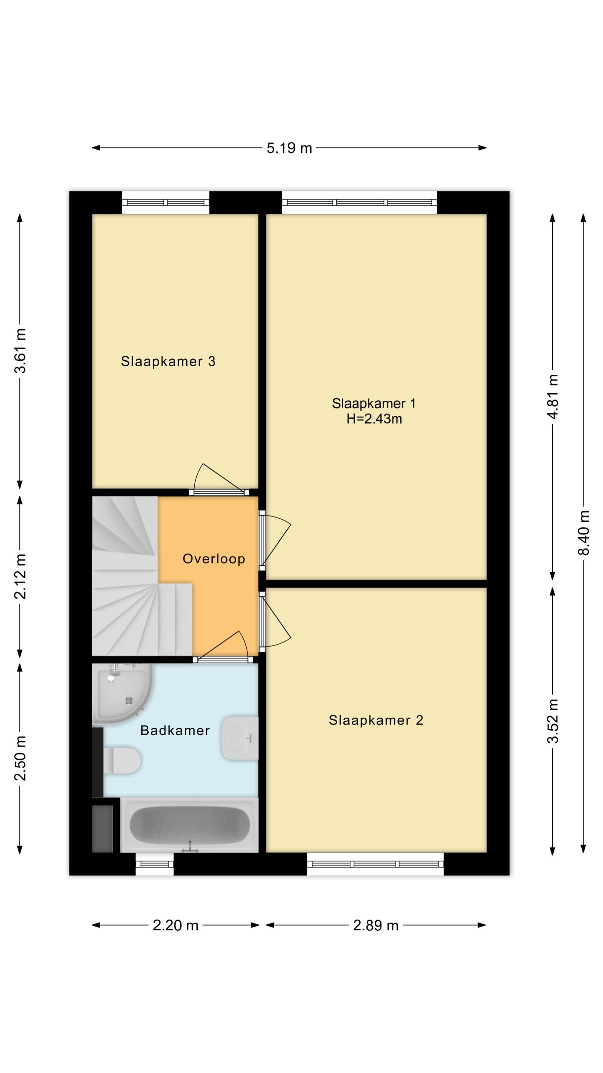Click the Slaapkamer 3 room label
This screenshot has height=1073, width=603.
(x=168, y=361)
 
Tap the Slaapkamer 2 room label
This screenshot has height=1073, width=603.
(x=376, y=720)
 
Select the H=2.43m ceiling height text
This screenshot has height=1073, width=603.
(x=374, y=419)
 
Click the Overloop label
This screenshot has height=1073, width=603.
(x=214, y=559)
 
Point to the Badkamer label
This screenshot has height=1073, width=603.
(x=175, y=731)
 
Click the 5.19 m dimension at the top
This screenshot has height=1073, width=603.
(x=289, y=148)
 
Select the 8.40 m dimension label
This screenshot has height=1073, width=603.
(x=583, y=533)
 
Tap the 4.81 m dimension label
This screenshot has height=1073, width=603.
(x=553, y=396)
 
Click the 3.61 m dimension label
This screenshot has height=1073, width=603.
(x=20, y=351)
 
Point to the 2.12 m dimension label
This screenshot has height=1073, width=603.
(x=20, y=576)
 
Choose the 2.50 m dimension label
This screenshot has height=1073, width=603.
(x=20, y=758)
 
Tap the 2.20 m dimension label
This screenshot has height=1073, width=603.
(x=175, y=925)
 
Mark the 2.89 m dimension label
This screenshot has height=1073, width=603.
(x=376, y=925)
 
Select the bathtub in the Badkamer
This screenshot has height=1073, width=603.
(x=189, y=825)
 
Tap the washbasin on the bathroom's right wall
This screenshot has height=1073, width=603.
(x=240, y=738)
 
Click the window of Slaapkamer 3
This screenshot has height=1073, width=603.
(x=165, y=202)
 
